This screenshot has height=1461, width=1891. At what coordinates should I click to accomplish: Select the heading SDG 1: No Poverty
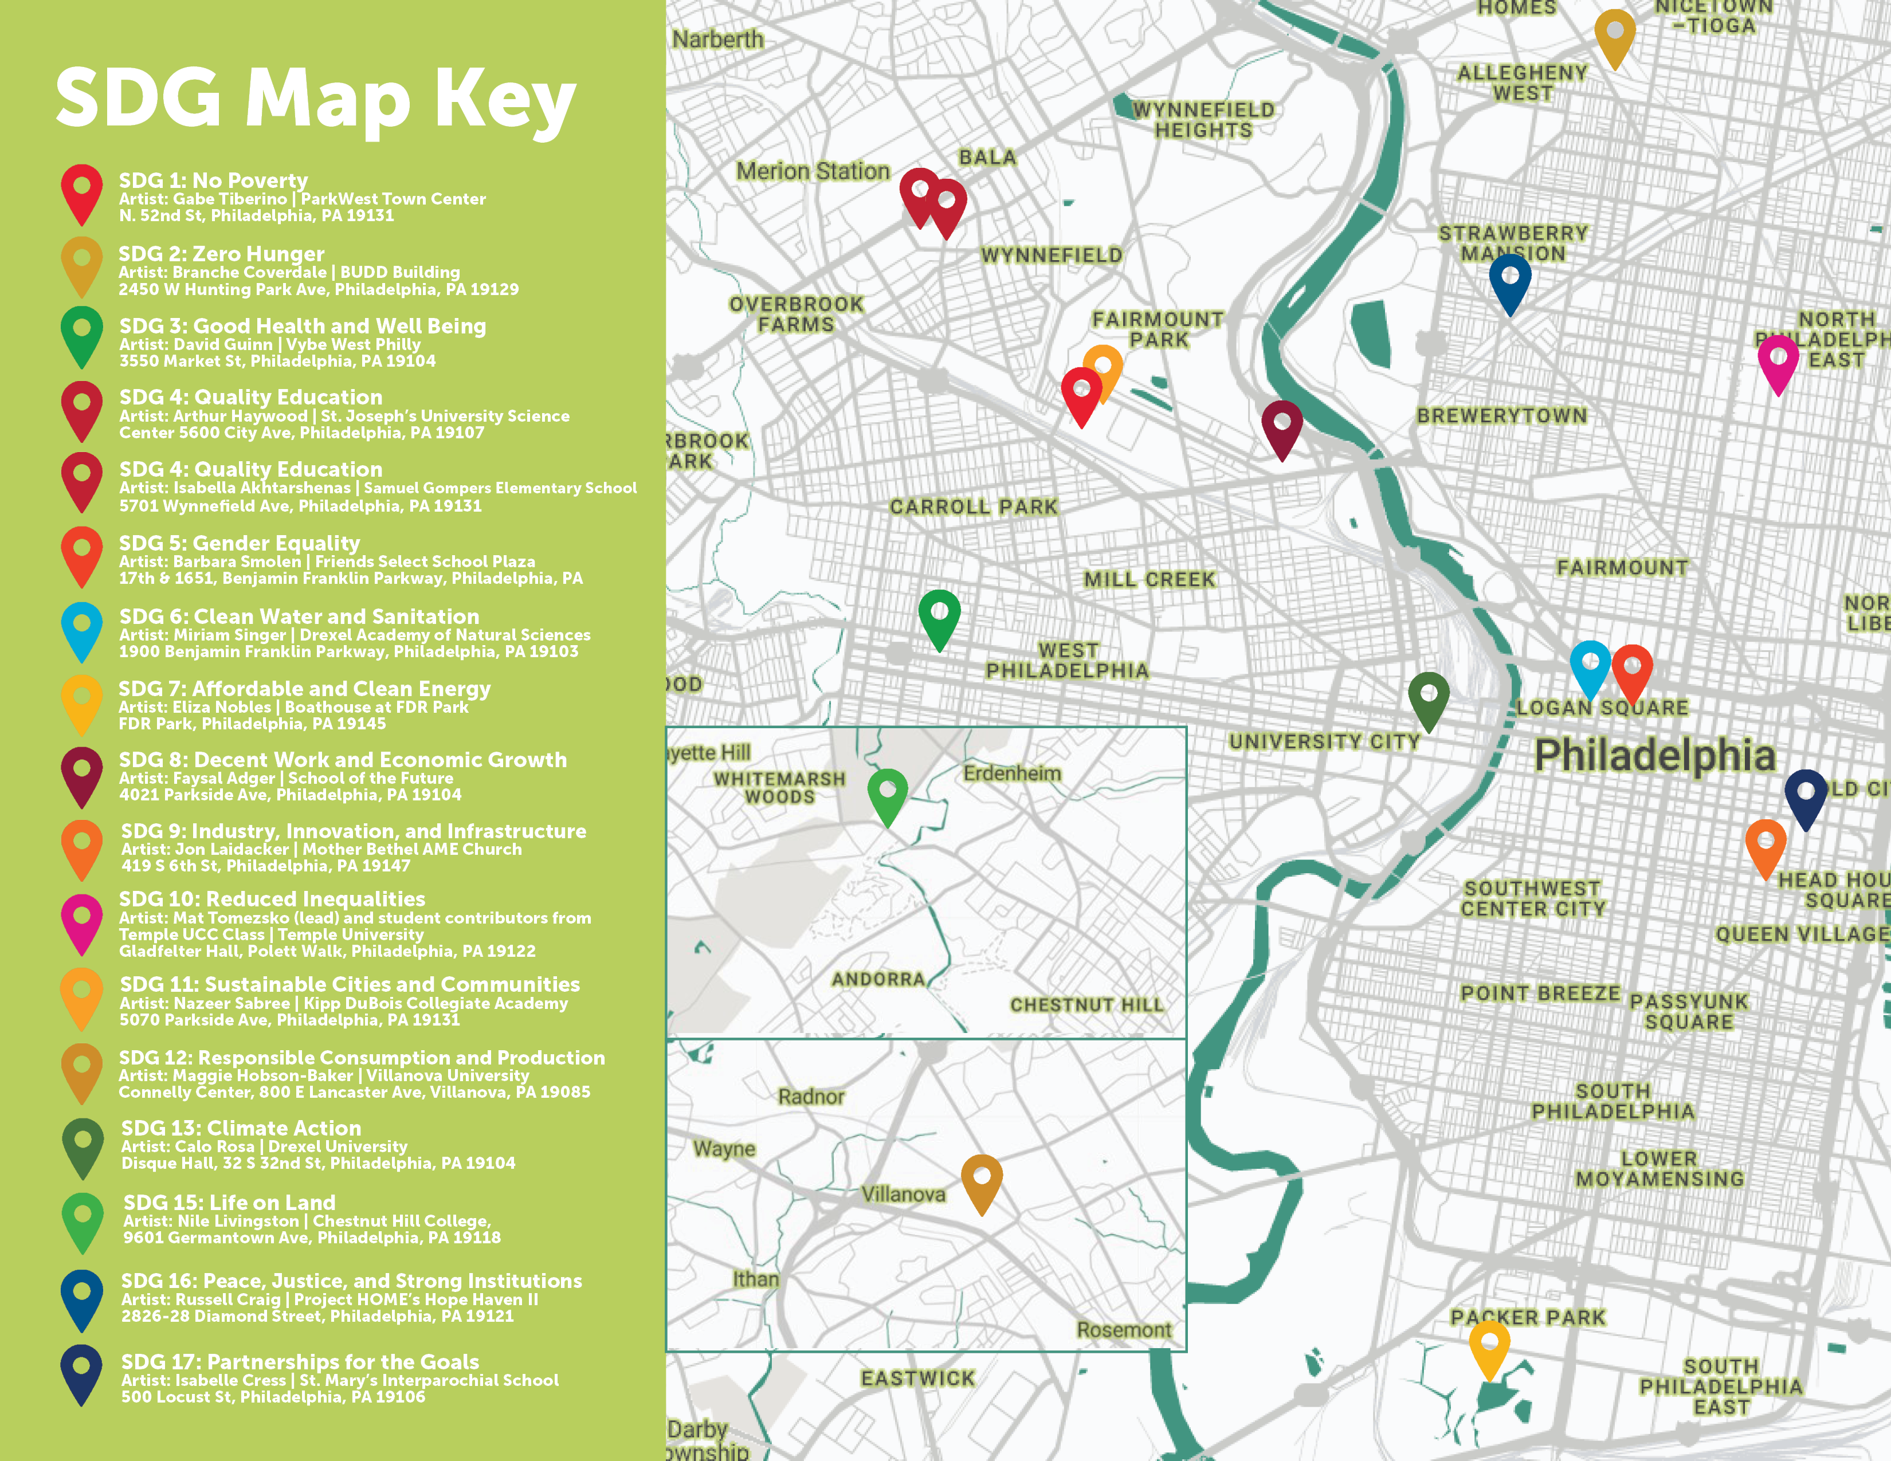point(213,180)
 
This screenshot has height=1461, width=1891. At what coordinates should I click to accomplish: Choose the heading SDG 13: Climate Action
point(241,1128)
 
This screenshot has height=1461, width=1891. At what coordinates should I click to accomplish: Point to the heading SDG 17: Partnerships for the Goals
point(300,1361)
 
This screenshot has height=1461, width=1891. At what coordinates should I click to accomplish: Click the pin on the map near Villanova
point(981,1181)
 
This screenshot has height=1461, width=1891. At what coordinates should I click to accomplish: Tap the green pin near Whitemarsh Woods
point(888,794)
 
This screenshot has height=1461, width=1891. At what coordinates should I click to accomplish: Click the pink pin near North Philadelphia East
point(1778,362)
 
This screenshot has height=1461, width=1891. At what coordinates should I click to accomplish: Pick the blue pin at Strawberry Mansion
point(1509,281)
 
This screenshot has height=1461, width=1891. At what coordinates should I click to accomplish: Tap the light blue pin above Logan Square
point(1590,666)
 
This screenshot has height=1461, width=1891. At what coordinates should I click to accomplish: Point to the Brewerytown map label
point(1501,415)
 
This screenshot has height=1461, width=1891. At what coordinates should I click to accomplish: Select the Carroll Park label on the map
point(973,506)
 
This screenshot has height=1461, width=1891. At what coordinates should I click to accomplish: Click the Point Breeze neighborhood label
point(1540,993)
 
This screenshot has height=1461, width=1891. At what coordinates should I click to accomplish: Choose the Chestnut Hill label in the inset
point(1086,1004)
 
